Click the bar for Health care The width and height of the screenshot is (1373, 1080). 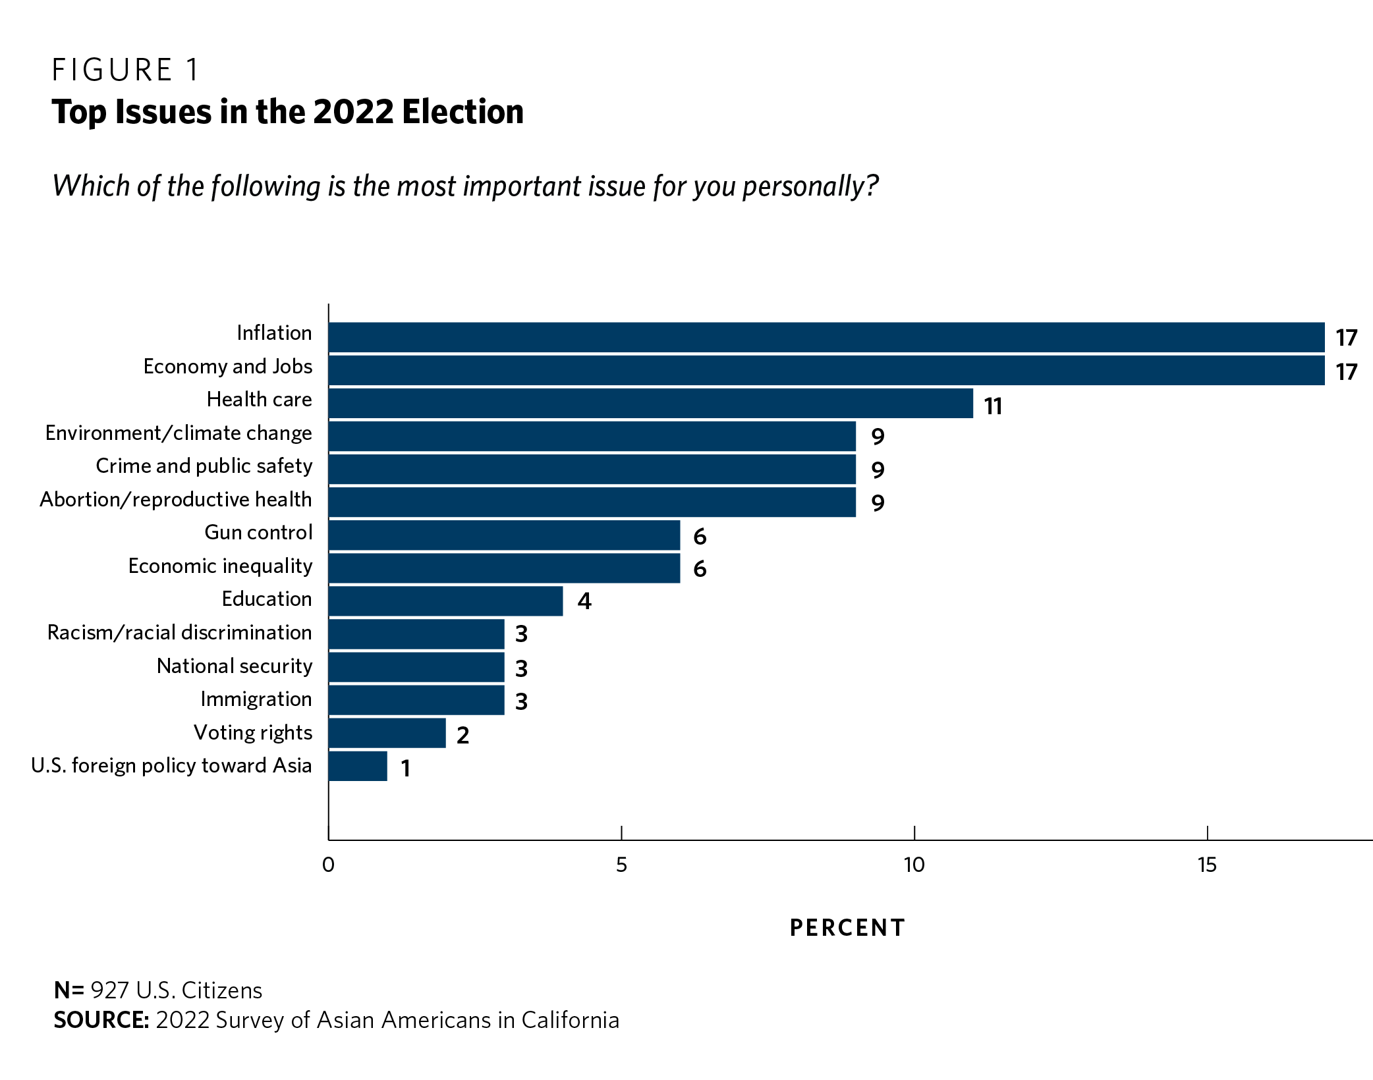pos(651,403)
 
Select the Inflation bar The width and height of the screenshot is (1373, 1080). pos(826,337)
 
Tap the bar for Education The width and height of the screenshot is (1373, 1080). pos(446,601)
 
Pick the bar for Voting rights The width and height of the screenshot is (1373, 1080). pos(387,733)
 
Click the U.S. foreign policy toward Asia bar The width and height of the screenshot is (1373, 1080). pos(358,766)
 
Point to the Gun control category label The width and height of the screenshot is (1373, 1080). pos(258,532)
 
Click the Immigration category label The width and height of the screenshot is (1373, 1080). pos(256,699)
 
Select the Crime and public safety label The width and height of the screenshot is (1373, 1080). pos(204,466)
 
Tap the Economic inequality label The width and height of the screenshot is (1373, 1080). pos(220,566)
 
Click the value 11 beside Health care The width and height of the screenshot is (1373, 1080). pos(993,406)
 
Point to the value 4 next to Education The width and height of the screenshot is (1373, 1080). pos(584,601)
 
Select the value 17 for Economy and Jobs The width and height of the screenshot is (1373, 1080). pos(1347,372)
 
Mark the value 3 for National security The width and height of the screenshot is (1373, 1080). pos(521,668)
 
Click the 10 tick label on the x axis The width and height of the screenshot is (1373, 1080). pos(914,865)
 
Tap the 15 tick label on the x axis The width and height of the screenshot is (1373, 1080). pos(1207,865)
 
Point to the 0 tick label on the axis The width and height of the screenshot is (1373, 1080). pos(328,865)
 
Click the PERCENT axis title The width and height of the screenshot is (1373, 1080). pos(847,928)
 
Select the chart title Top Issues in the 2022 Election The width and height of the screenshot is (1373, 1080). pos(287,112)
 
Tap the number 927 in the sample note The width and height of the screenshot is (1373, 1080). pos(109,990)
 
